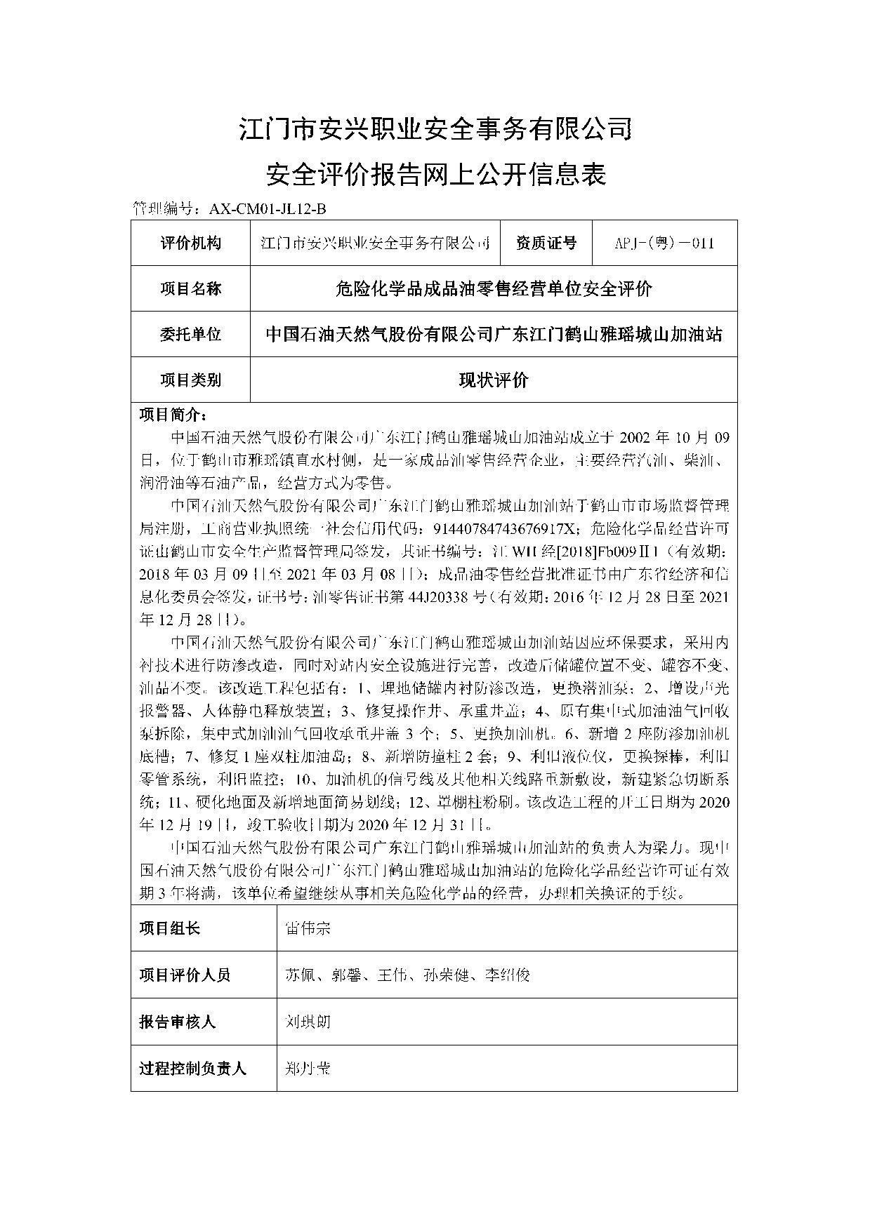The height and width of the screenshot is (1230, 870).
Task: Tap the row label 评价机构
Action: tap(190, 243)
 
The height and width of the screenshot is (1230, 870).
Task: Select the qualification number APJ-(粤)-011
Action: tap(664, 243)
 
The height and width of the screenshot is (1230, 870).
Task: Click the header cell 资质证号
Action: tap(546, 243)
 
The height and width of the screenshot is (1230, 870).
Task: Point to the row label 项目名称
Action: tap(190, 288)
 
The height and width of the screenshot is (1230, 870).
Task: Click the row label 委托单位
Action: tap(190, 334)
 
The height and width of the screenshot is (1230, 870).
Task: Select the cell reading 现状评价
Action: tap(493, 380)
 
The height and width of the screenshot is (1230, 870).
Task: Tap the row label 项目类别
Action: tap(190, 380)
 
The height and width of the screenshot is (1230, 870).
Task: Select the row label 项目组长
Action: tap(170, 928)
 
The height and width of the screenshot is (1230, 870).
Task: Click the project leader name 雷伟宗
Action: tap(308, 928)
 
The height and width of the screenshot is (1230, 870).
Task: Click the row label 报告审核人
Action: tap(178, 1022)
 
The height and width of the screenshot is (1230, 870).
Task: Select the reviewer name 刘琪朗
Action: tap(308, 1022)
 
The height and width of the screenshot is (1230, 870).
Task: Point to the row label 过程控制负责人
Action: tap(193, 1069)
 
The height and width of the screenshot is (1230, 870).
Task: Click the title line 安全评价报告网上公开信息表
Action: tap(435, 175)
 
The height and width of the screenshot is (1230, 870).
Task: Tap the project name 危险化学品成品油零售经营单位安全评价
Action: tap(493, 288)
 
